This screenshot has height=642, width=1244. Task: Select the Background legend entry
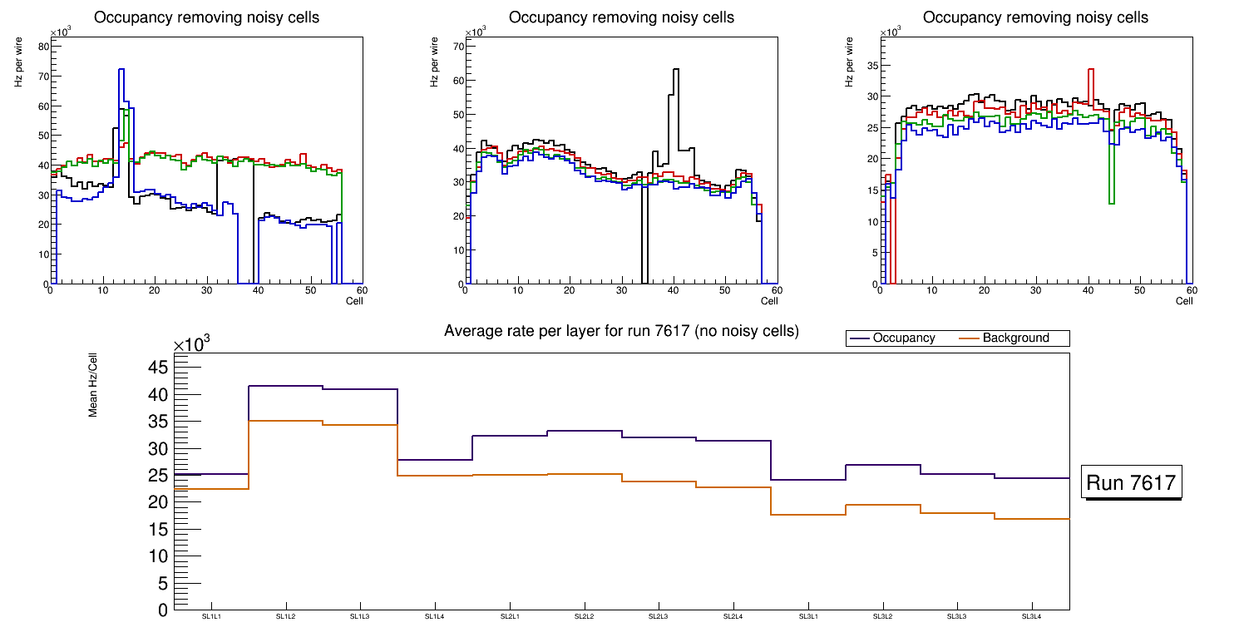[x=1015, y=338]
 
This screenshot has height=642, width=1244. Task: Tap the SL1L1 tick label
[x=211, y=616]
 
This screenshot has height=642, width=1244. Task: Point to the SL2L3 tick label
[x=659, y=616]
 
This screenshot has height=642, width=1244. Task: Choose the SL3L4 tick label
[x=1032, y=616]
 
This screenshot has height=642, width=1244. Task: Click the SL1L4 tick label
[x=435, y=616]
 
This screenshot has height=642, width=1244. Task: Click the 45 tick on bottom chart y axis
[x=159, y=368]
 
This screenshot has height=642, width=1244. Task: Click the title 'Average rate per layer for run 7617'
[x=621, y=331]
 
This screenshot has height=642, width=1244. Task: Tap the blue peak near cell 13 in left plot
[x=121, y=71]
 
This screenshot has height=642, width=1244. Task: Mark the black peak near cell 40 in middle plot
[x=676, y=71]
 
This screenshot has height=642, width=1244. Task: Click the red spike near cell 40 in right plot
[x=1090, y=71]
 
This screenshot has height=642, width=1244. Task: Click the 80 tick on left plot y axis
[x=42, y=47]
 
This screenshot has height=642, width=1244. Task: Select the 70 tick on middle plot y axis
[x=456, y=47]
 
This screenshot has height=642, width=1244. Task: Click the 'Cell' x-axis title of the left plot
[x=354, y=301]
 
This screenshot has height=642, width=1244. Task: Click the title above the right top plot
[x=1035, y=17]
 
